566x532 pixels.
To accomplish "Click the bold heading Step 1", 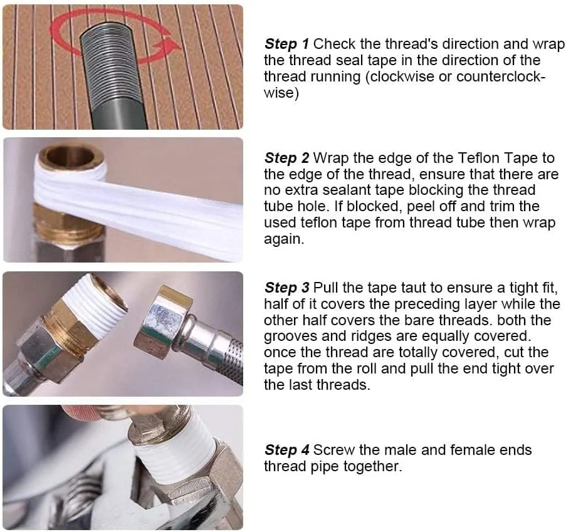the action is click(x=286, y=44).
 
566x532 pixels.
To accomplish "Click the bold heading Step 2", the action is click(x=286, y=158).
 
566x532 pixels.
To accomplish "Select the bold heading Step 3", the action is click(x=286, y=288).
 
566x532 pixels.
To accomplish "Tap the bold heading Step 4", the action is click(x=286, y=450).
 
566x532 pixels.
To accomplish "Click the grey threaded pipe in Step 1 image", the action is click(x=112, y=76).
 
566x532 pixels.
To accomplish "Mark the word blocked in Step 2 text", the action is click(x=374, y=206).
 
